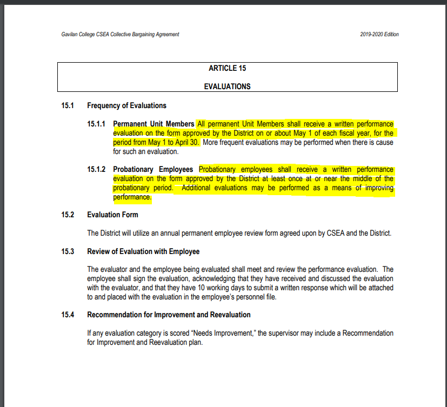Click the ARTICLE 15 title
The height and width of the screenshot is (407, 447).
click(227, 68)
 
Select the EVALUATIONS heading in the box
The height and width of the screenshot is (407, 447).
click(227, 86)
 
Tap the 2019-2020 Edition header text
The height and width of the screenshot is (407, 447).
click(379, 35)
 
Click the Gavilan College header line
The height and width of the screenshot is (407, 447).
click(120, 35)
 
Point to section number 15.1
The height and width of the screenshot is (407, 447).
click(68, 105)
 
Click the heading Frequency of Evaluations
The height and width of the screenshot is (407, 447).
click(126, 105)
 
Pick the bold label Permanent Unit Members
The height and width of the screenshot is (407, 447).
click(154, 124)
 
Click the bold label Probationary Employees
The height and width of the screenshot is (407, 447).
click(153, 170)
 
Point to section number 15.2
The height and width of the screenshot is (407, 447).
click(68, 215)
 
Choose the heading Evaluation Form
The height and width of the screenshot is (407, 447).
click(112, 215)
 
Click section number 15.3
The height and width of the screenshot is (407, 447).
click(68, 251)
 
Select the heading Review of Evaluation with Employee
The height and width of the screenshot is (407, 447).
click(143, 251)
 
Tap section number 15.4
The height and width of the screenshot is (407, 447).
click(68, 315)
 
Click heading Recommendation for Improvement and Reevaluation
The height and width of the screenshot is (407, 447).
click(169, 315)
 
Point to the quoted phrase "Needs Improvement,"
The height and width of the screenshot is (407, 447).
click(225, 333)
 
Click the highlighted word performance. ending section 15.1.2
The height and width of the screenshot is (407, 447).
click(132, 197)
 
